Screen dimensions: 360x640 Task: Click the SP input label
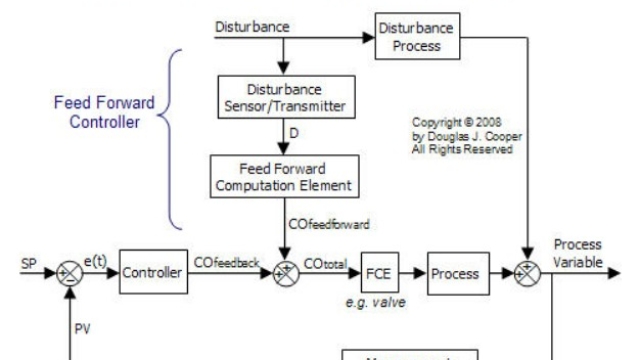29,262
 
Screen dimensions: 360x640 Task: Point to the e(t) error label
98,259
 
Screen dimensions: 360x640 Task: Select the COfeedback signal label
226,261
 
